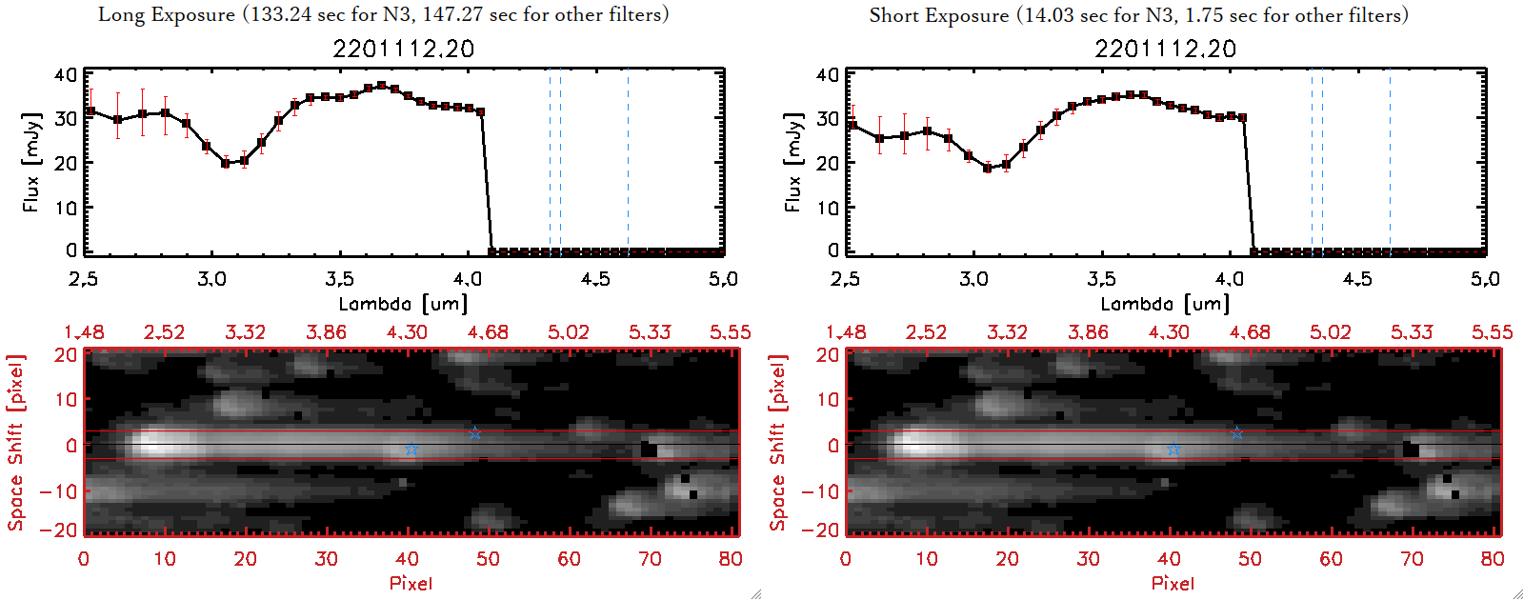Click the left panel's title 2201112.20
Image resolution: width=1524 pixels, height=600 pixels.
click(403, 49)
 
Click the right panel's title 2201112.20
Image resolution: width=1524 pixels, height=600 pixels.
click(1165, 49)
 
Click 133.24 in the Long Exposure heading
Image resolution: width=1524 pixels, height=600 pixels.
click(281, 14)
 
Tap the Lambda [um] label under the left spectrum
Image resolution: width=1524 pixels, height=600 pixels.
click(403, 304)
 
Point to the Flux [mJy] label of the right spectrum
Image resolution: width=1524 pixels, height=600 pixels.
click(792, 162)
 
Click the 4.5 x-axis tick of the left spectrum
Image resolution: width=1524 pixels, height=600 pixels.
click(595, 279)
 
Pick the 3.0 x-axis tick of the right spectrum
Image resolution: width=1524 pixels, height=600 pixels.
click(973, 279)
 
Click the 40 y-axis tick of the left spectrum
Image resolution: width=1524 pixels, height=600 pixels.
click(66, 75)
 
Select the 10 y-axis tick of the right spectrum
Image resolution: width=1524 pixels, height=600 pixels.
click(828, 207)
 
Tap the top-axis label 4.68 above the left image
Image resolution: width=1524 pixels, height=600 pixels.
click(488, 332)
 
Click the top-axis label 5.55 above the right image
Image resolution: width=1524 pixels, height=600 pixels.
click(1492, 332)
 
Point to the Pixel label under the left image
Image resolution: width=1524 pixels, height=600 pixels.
click(411, 583)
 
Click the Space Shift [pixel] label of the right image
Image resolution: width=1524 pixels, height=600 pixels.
click(778, 443)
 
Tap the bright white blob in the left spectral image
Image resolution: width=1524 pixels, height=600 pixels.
click(162, 444)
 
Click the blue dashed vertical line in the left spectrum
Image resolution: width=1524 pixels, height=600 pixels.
click(560, 162)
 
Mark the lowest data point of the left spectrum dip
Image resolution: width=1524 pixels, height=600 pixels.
click(226, 164)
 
